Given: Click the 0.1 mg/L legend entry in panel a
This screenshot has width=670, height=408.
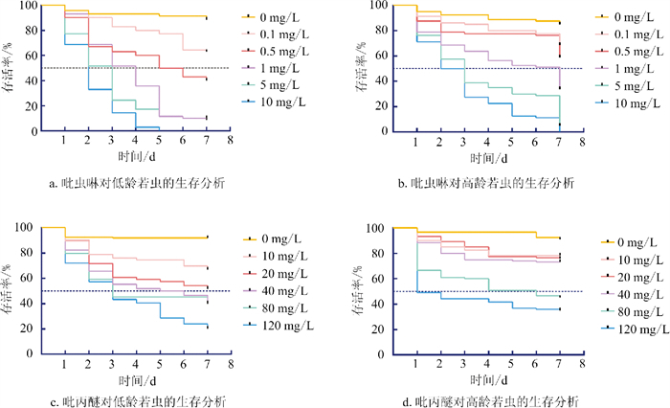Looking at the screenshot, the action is [276, 34].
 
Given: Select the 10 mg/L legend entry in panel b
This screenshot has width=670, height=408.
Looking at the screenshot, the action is [628, 103].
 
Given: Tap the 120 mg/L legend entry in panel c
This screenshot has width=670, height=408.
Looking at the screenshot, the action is [279, 326].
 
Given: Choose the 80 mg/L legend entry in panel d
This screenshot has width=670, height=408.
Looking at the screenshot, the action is [633, 312].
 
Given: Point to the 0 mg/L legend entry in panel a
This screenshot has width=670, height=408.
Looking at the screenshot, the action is [271, 17].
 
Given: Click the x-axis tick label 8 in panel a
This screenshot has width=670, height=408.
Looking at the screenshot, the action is [231, 140].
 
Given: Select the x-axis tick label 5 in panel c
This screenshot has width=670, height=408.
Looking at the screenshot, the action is [160, 364].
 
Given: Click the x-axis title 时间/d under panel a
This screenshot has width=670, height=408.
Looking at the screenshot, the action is [137, 156].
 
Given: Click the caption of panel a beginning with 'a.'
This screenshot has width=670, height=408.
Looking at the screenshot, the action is [137, 184].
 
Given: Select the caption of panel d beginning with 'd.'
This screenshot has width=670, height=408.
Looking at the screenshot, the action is [490, 401].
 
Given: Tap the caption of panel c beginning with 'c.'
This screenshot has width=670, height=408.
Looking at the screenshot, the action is [139, 401].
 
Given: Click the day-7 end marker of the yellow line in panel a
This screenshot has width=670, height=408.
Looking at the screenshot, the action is [207, 18].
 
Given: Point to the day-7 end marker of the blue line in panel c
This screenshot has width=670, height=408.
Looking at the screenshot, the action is [208, 328].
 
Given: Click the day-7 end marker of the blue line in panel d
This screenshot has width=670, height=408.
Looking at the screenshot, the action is [560, 309].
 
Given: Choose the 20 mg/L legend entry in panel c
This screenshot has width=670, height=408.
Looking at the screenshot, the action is [276, 274].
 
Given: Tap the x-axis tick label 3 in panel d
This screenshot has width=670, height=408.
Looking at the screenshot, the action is [463, 364].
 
